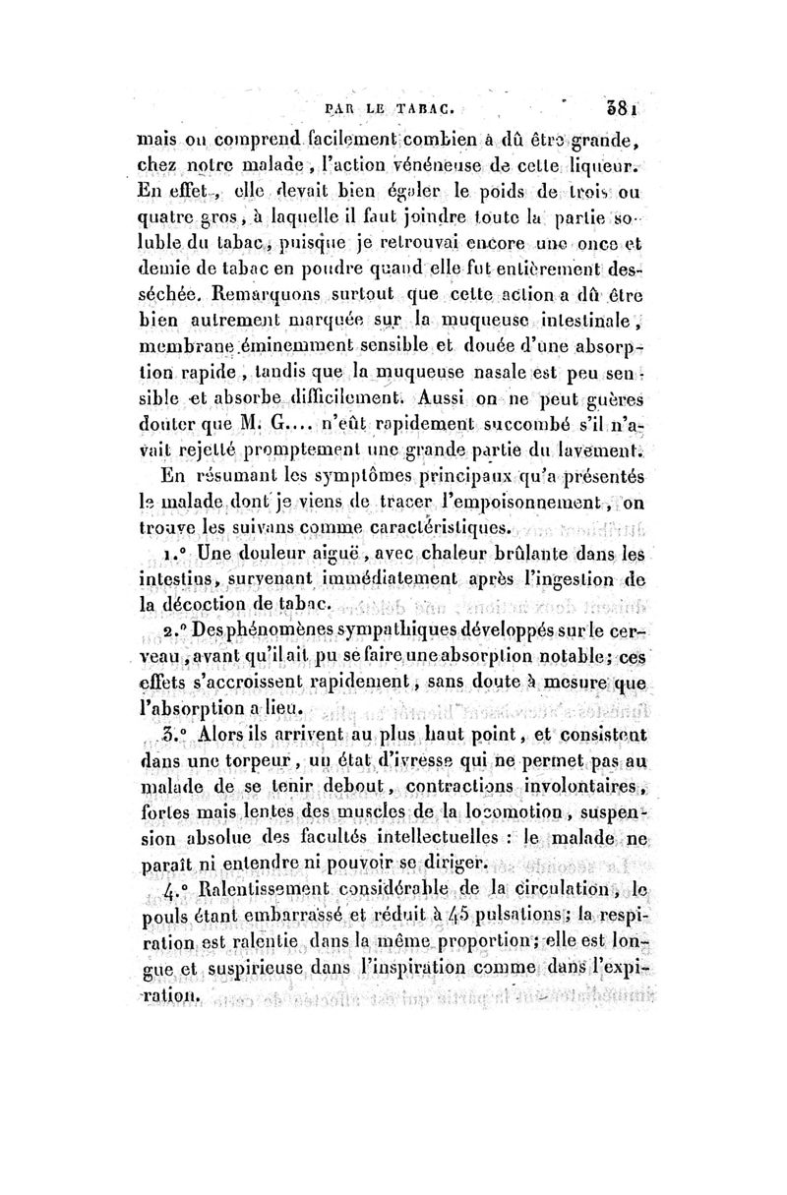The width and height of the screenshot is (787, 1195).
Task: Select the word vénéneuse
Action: pyautogui.click(x=437, y=162)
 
